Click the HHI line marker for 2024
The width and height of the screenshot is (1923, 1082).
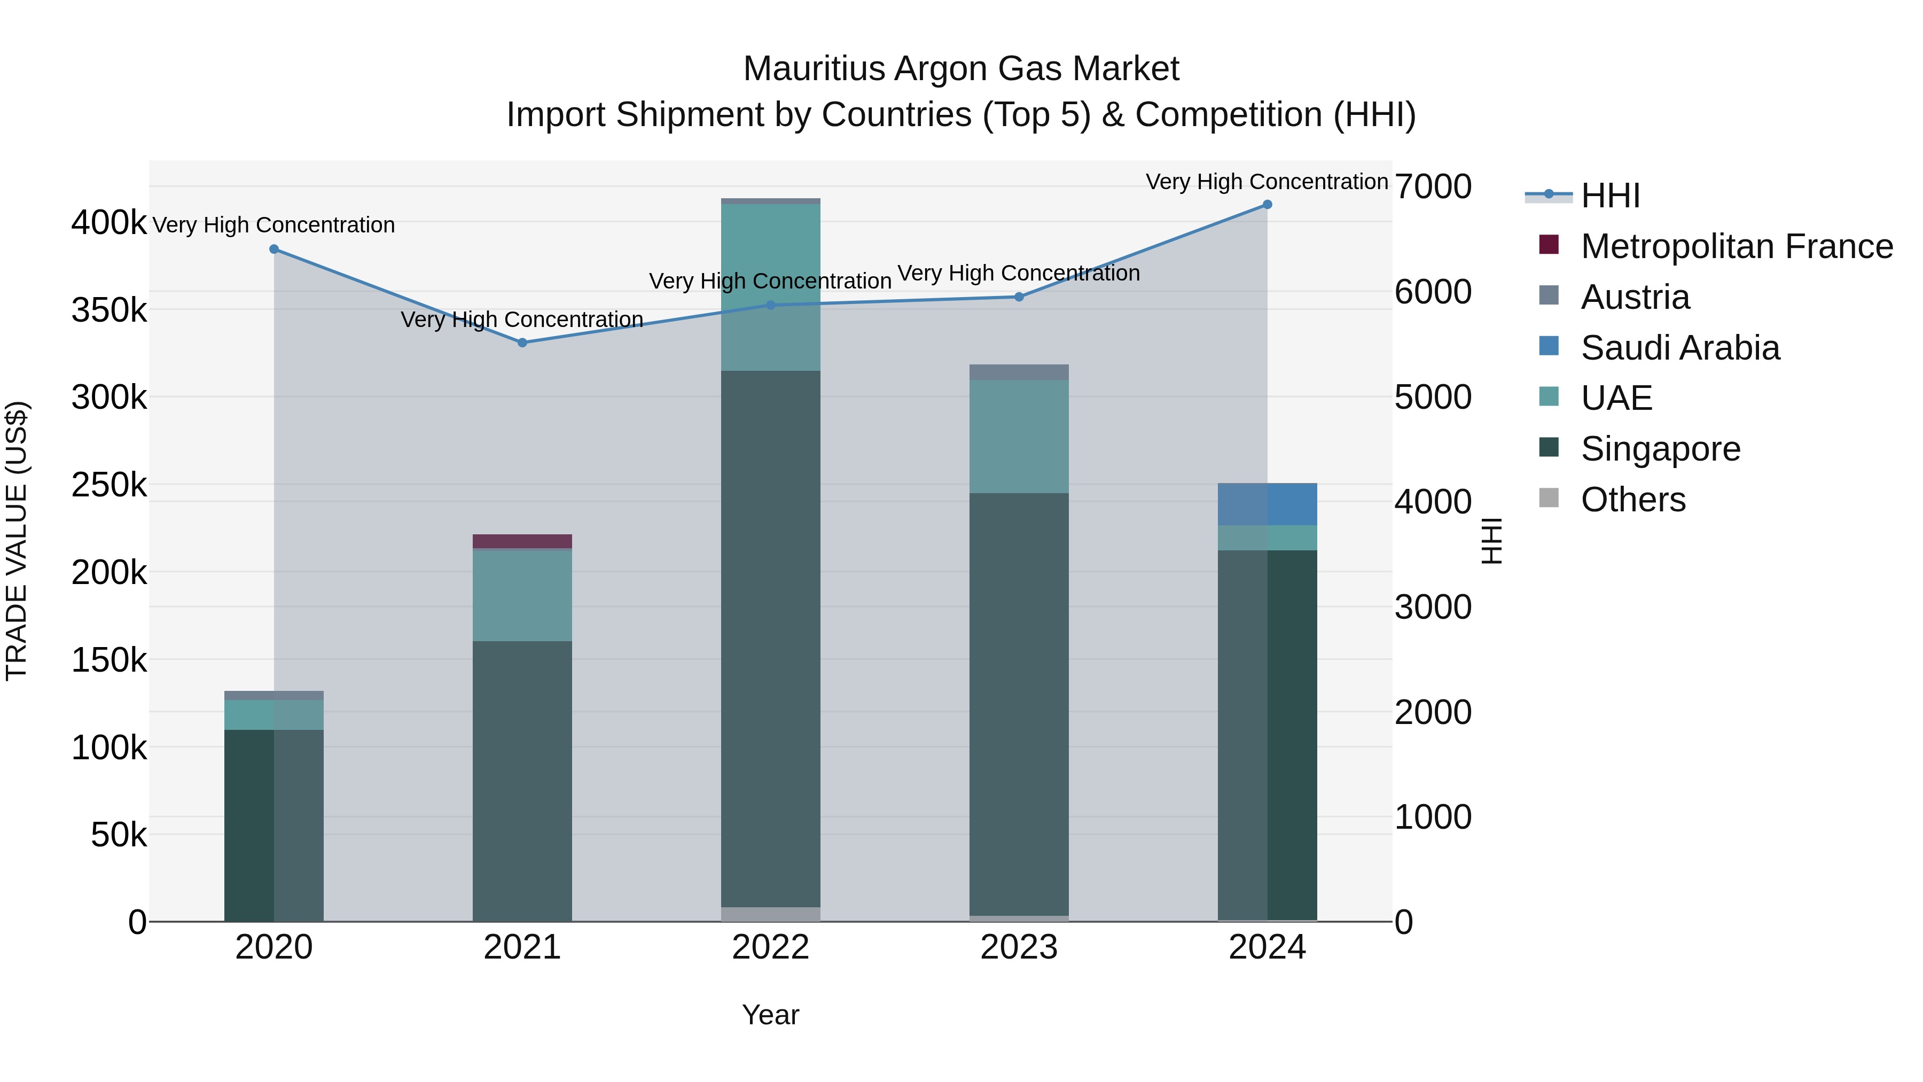click(x=1267, y=205)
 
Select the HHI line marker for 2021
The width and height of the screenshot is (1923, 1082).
click(x=522, y=342)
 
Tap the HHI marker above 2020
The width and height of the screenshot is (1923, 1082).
click(x=274, y=250)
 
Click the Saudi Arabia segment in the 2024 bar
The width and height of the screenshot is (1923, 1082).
click(x=1267, y=505)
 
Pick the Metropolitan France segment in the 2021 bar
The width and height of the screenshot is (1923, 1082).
click(x=522, y=541)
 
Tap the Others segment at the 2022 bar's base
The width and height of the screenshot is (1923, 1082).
click(x=770, y=914)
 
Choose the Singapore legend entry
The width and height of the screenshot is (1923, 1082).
click(x=1660, y=449)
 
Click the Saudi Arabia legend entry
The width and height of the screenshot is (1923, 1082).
click(x=1679, y=348)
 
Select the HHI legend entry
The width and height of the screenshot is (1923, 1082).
click(x=1610, y=196)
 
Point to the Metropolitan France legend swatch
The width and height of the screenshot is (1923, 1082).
click(x=1549, y=245)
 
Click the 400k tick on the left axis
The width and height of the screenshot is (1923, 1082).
click(x=109, y=222)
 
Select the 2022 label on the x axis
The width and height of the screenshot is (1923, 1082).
click(x=770, y=947)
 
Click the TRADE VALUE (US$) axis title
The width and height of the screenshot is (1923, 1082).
click(x=17, y=541)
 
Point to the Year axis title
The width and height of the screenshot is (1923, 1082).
click(x=770, y=1015)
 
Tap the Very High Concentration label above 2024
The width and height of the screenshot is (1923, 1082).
click(x=1267, y=182)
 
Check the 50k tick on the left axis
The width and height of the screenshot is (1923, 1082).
click(x=119, y=835)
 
